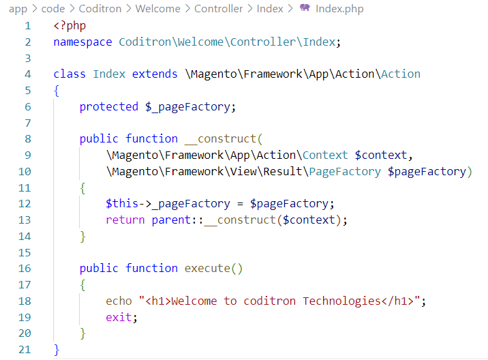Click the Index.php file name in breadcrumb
coord(339,9)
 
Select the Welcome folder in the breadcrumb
coord(158,9)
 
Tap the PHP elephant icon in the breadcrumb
coord(305,9)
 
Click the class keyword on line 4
coord(70,74)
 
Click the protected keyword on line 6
coord(109,106)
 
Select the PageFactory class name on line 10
coord(345,172)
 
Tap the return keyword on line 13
coord(125,220)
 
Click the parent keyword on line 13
coord(168,220)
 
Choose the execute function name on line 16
coord(207,269)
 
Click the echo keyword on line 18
coord(119,301)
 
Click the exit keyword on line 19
coord(119,317)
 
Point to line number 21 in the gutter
coord(25,349)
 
